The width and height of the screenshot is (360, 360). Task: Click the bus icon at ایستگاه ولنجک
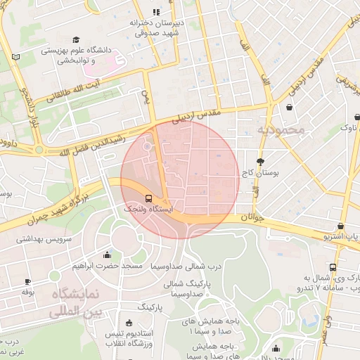coord(149,198)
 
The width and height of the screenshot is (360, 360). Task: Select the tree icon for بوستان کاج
coord(260,161)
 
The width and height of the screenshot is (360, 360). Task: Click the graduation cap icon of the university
coord(76,39)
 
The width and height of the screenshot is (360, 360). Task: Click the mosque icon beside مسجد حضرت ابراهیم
coord(106,255)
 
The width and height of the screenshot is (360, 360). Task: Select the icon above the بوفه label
coord(28,281)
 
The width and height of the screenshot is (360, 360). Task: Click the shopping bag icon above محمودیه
coord(290,108)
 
